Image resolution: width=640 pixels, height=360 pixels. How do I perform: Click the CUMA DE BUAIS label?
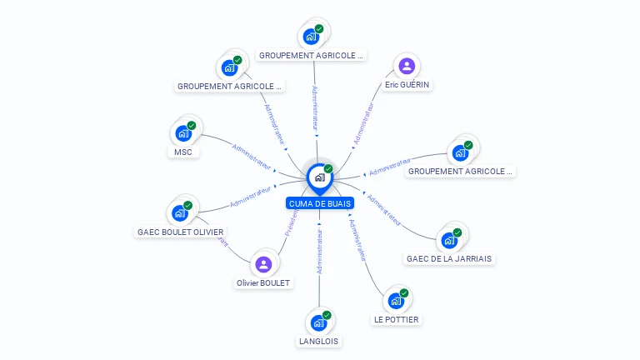pos(320,203)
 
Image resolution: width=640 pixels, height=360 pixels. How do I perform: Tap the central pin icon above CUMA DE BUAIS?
pos(319,177)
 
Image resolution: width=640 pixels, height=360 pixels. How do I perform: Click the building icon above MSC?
pos(182,133)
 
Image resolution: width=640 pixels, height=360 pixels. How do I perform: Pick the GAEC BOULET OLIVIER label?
pos(181,232)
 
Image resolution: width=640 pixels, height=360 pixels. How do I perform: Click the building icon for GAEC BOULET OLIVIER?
pos(179,212)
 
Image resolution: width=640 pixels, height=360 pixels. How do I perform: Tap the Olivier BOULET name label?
pos(263,282)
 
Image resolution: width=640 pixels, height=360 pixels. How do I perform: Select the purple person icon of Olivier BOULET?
pos(263,264)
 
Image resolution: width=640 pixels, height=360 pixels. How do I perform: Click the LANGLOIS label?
pos(319,341)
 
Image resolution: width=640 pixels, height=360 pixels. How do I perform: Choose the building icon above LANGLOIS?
pos(318,322)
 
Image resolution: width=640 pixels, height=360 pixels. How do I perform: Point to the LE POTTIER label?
pos(397,319)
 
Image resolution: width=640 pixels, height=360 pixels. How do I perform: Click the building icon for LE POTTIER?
pos(396,301)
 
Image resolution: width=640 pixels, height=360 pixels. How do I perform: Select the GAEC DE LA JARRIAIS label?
pos(450,258)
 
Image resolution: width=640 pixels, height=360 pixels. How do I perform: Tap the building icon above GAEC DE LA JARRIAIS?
pos(449,240)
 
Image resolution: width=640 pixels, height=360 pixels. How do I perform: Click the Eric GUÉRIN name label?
pos(408,85)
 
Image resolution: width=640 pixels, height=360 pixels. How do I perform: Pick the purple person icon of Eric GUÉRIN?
pos(407,66)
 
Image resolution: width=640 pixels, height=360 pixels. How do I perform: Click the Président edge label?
pos(292,223)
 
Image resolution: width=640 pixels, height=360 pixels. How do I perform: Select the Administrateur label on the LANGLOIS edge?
pos(319,249)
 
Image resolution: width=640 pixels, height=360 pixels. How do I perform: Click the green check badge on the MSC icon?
pos(192,126)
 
